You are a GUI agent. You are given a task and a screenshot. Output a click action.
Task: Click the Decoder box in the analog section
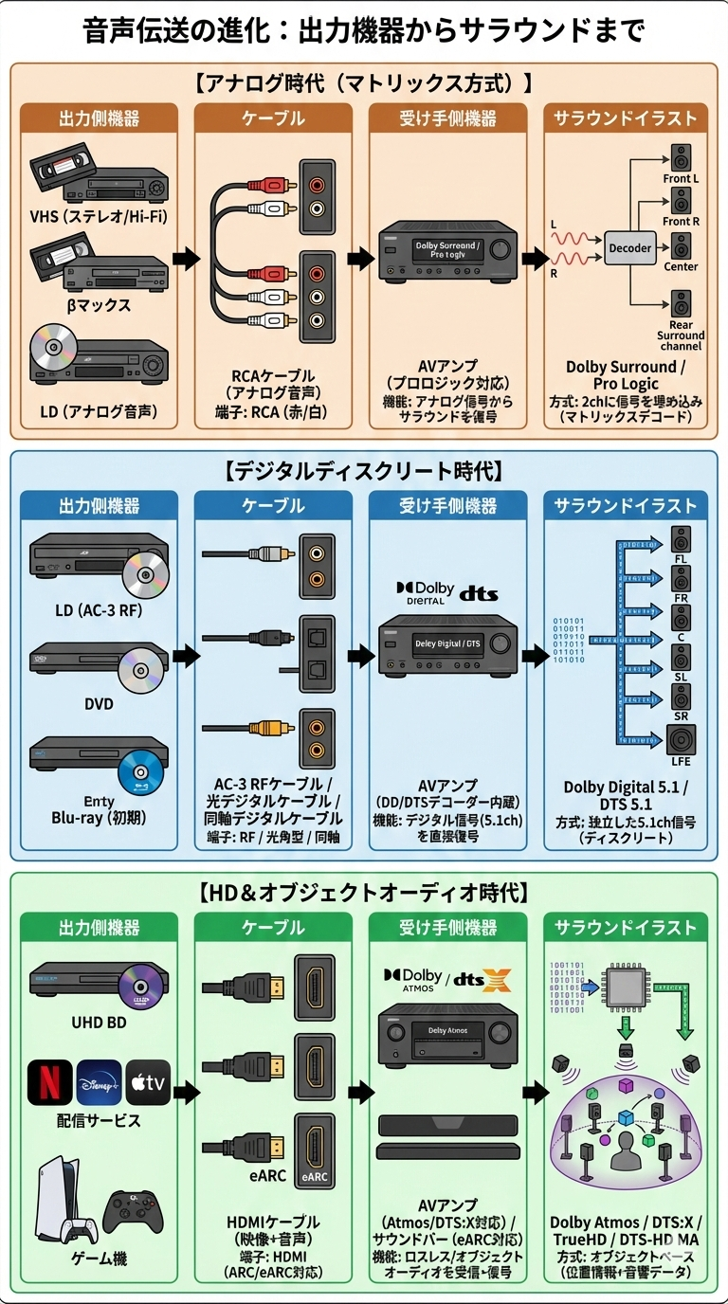pos(630,248)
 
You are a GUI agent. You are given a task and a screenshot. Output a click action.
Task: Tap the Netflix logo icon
pos(50,1082)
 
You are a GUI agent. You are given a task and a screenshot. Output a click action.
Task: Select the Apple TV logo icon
pos(148,1082)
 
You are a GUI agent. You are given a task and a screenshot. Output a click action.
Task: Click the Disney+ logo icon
pos(99,1082)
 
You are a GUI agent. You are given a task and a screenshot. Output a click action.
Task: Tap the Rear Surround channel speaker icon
pos(682,304)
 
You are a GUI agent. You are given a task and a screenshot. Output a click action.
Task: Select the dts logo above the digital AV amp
pos(479,594)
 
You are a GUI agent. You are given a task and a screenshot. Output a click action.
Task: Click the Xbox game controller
pos(134,1212)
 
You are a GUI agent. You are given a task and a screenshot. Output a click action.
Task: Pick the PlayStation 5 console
pos(65,1199)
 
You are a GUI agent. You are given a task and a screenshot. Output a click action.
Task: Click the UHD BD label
pos(99,1023)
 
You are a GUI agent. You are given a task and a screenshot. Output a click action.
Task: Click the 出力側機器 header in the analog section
pos(99,118)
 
